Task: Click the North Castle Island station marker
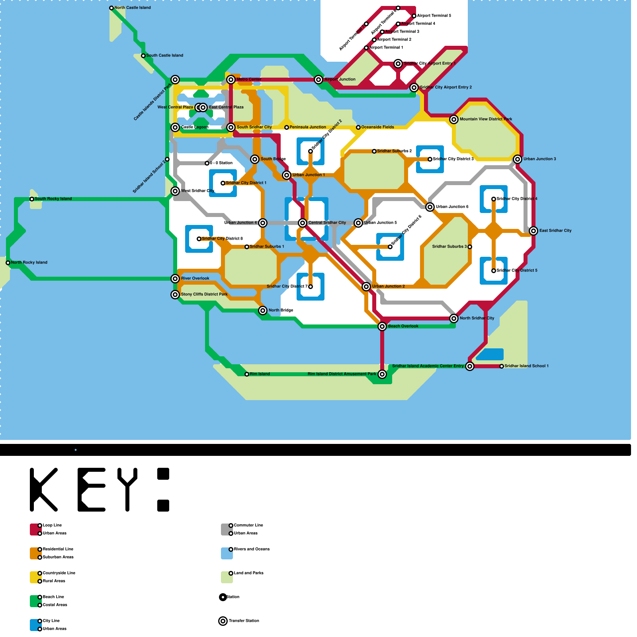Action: [x=111, y=8]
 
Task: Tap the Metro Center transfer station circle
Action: [x=231, y=80]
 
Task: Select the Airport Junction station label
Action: [x=340, y=80]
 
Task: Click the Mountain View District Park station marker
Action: [x=454, y=119]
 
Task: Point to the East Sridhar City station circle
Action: [x=533, y=231]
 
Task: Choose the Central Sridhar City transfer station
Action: [x=303, y=223]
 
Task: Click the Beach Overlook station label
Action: [x=403, y=326]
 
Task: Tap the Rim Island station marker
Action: [x=247, y=374]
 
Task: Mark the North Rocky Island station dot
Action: [x=8, y=263]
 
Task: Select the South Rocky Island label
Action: [x=53, y=199]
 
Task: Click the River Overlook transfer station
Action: [x=175, y=279]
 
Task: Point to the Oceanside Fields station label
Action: [x=377, y=127]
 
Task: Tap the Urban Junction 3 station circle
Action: [x=518, y=159]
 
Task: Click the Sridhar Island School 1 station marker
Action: [x=502, y=366]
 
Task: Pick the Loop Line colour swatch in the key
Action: [x=35, y=530]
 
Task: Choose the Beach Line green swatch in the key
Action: [x=35, y=601]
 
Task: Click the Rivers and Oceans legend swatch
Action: [x=227, y=553]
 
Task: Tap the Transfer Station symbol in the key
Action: [x=223, y=621]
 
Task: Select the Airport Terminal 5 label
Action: [x=434, y=16]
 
